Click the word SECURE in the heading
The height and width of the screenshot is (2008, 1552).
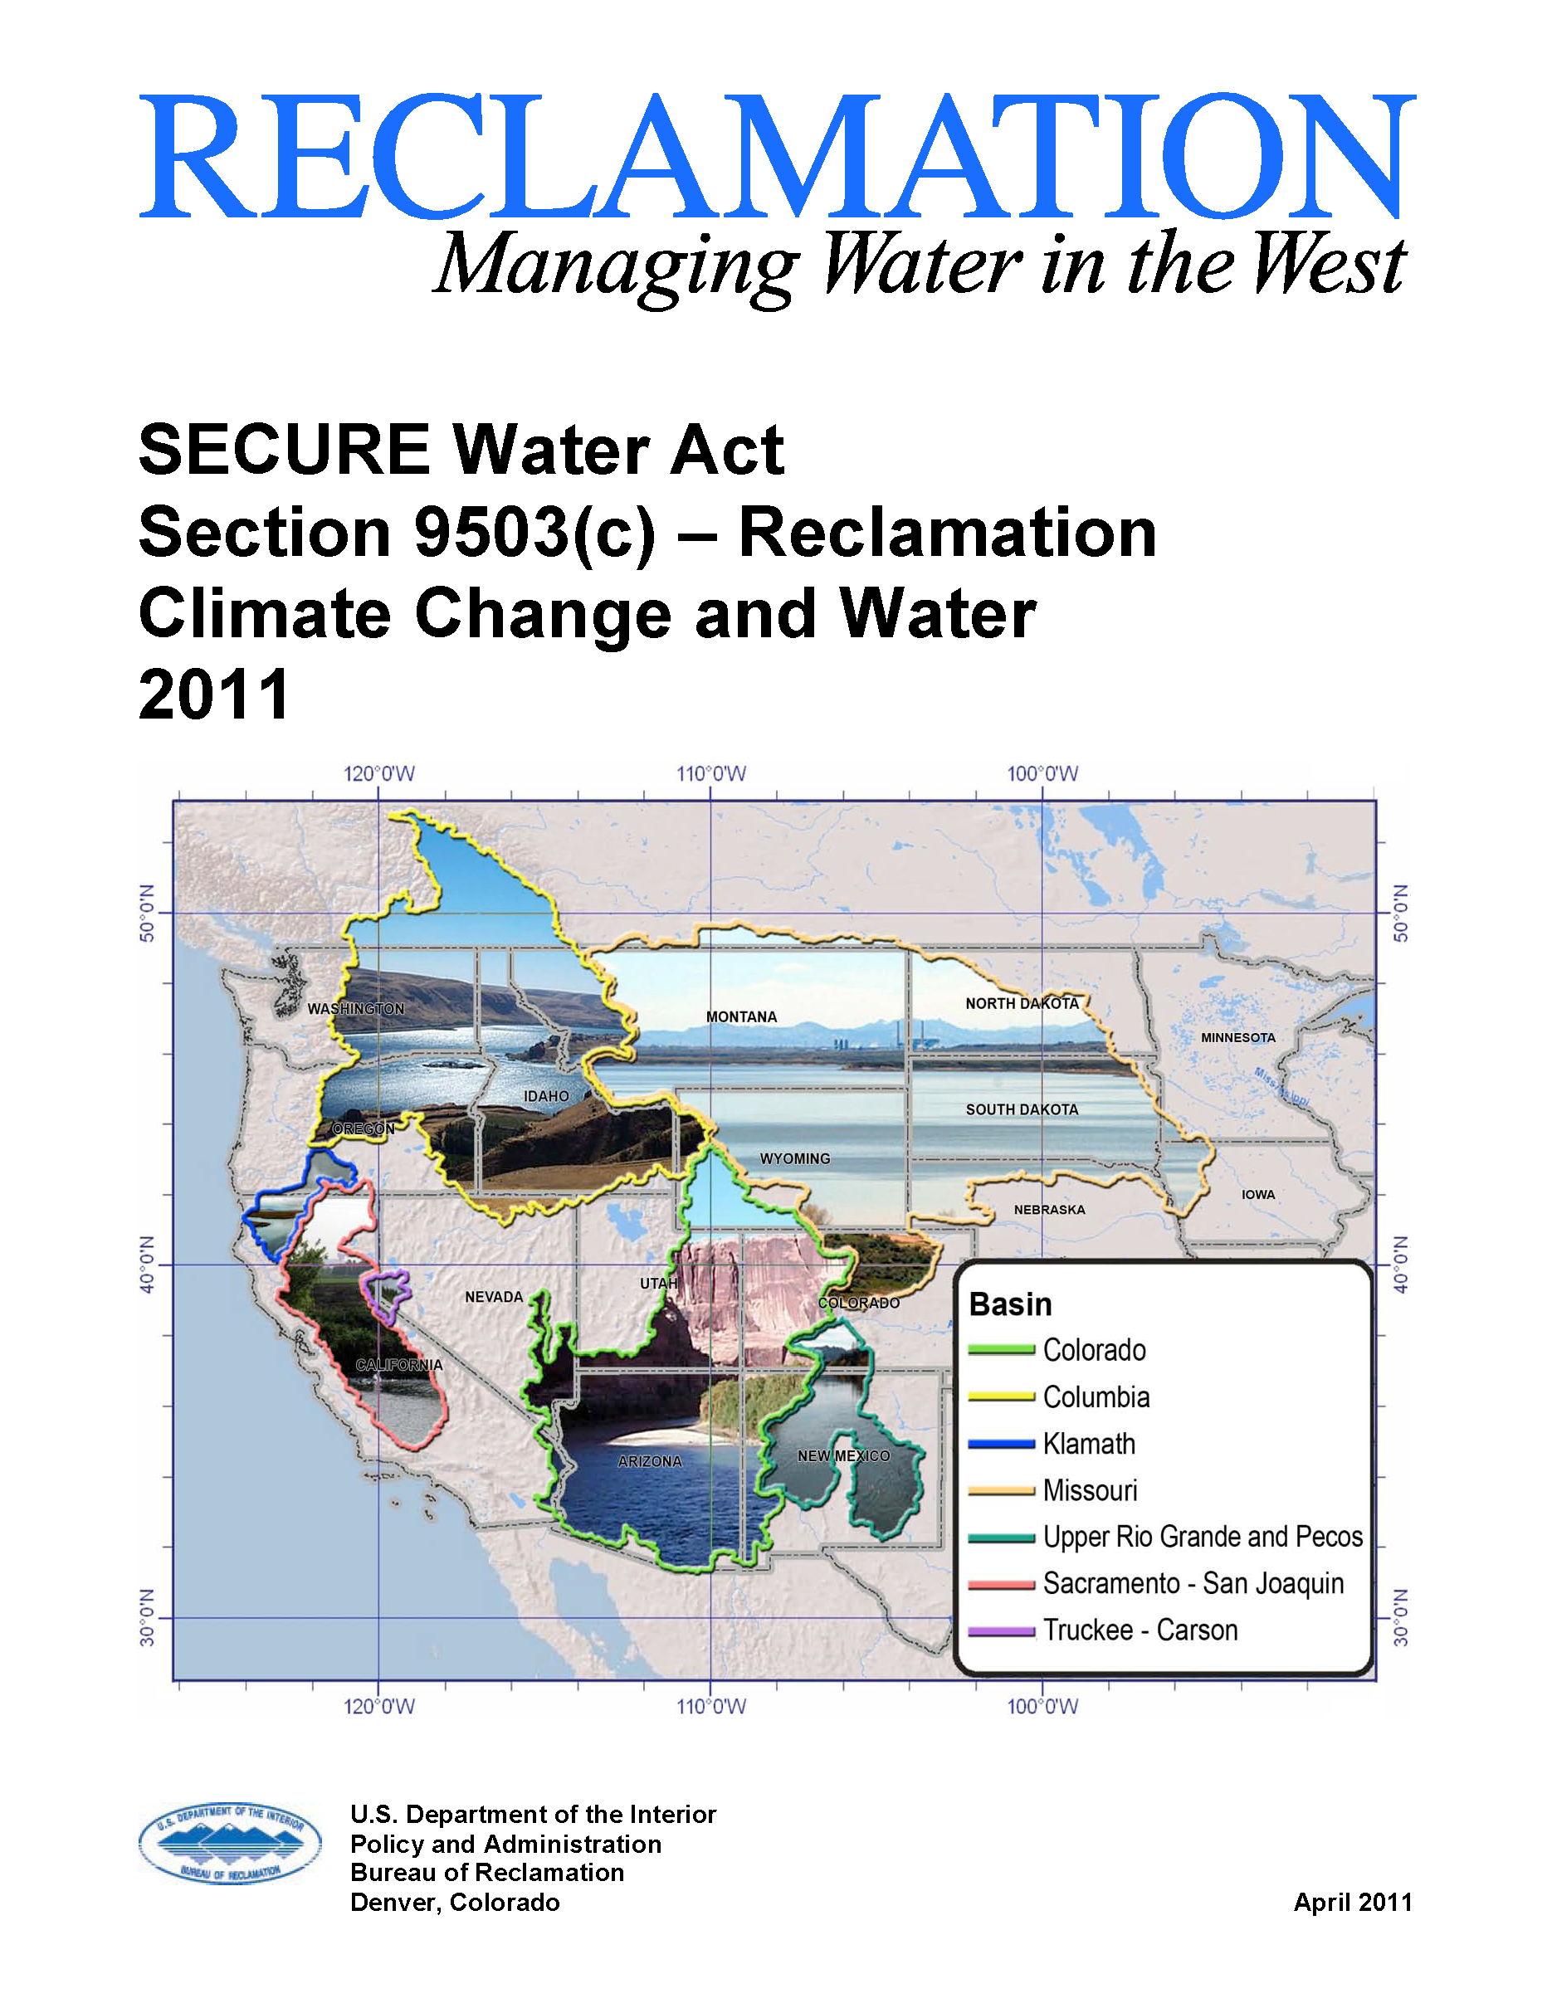pyautogui.click(x=284, y=451)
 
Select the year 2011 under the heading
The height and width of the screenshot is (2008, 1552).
pyautogui.click(x=214, y=695)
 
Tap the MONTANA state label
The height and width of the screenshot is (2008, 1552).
pyautogui.click(x=741, y=1017)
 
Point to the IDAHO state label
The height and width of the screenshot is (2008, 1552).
pyautogui.click(x=546, y=1096)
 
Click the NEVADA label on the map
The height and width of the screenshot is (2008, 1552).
pyautogui.click(x=494, y=1296)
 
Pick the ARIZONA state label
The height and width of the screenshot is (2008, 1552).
pyautogui.click(x=650, y=1461)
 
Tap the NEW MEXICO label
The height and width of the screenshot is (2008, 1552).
pyautogui.click(x=843, y=1455)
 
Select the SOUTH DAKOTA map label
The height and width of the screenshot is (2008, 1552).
pyautogui.click(x=1022, y=1109)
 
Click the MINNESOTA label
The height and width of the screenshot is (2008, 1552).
pyautogui.click(x=1237, y=1038)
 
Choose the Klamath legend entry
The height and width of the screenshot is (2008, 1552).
pyautogui.click(x=1089, y=1444)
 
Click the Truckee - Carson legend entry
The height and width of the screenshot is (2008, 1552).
pyautogui.click(x=1140, y=1630)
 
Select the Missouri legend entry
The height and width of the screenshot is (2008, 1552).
pyautogui.click(x=1090, y=1490)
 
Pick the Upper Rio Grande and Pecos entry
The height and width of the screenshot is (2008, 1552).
pyautogui.click(x=1202, y=1537)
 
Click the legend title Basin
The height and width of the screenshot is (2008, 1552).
pyautogui.click(x=1010, y=1304)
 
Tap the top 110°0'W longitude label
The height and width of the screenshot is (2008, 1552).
pyautogui.click(x=710, y=774)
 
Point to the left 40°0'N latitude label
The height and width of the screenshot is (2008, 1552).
pyautogui.click(x=147, y=1265)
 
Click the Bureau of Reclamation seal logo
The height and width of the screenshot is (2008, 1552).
pyautogui.click(x=230, y=1843)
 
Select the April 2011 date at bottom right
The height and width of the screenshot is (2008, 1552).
pyautogui.click(x=1351, y=1903)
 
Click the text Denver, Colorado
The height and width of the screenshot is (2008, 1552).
pyautogui.click(x=455, y=1903)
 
